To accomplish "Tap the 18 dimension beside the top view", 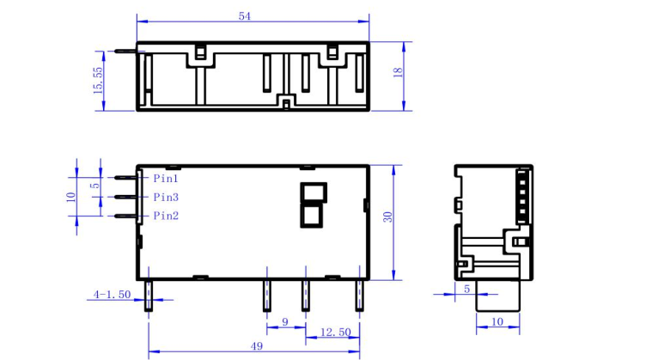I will (x=398, y=74).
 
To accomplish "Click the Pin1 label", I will (x=166, y=179).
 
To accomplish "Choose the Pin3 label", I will (x=166, y=198).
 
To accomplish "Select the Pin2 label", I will (x=166, y=216).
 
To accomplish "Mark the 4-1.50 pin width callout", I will (x=113, y=295).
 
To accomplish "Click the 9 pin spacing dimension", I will (x=285, y=322).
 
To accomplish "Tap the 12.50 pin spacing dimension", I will (x=333, y=332).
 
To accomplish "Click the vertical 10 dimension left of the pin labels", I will (x=72, y=196).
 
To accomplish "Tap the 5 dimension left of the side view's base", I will (x=466, y=289).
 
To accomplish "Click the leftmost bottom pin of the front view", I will (x=149, y=295).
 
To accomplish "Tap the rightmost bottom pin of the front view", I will (x=359, y=295).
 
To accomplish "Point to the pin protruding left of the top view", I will (x=125, y=50).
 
